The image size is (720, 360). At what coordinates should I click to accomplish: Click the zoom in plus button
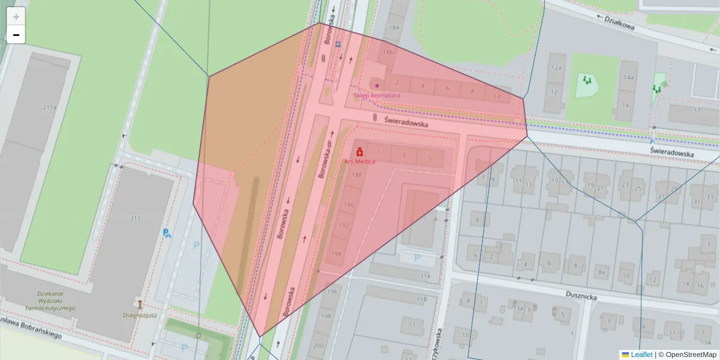click(x=16, y=16)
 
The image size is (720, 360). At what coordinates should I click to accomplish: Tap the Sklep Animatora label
click(x=377, y=95)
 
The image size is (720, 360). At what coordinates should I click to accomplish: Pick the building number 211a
click(x=50, y=107)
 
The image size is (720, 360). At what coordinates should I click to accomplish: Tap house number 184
click(x=394, y=28)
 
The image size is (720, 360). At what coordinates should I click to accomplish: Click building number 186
click(x=388, y=53)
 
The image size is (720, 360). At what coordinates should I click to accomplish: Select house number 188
click(x=357, y=175)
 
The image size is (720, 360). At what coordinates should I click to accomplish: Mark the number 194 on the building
click(x=336, y=253)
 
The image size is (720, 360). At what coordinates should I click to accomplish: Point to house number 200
click(x=318, y=345)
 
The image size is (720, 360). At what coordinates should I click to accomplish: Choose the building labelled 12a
click(x=556, y=68)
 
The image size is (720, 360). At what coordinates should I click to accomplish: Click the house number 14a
click(x=628, y=78)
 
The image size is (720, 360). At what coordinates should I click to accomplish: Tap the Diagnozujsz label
click(x=139, y=313)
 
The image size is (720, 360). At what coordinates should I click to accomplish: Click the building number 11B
click(x=422, y=299)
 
